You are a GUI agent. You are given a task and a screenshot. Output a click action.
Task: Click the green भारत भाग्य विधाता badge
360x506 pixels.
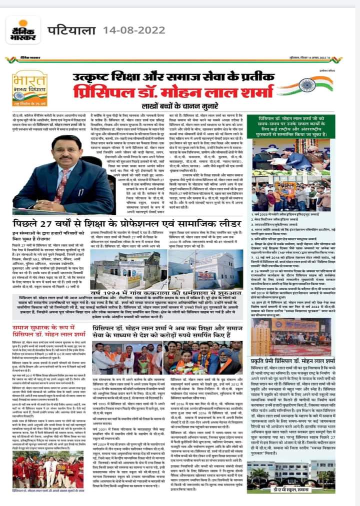point(28,88)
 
